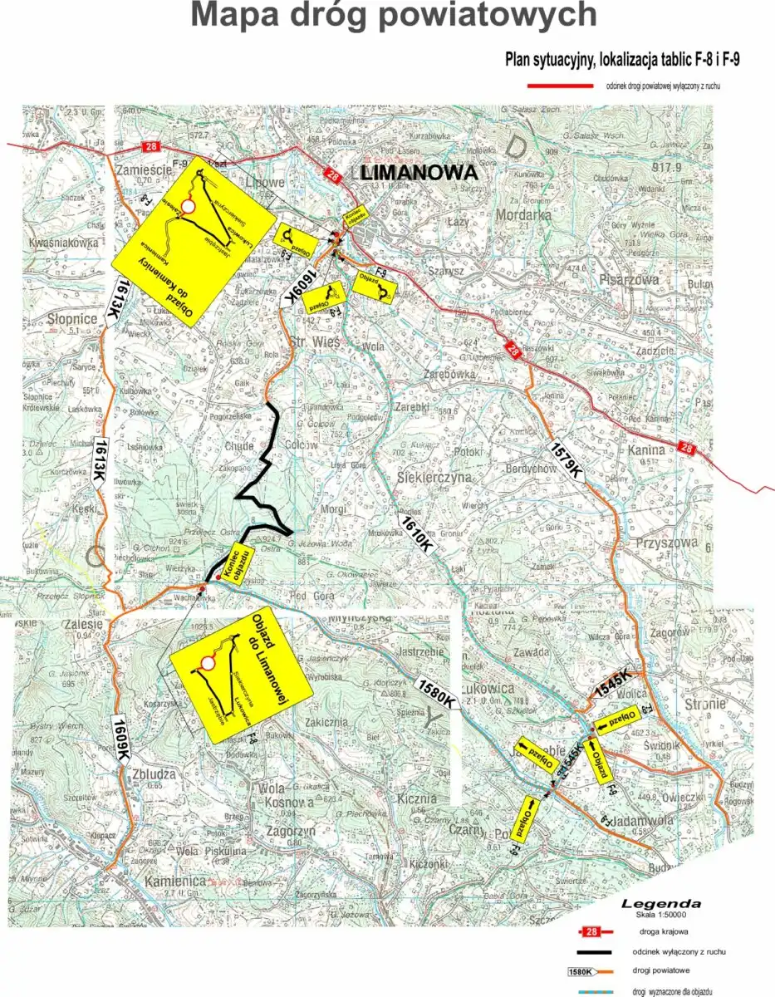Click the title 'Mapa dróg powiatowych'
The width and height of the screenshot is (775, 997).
coord(393,15)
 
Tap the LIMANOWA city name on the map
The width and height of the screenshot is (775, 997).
coord(421,173)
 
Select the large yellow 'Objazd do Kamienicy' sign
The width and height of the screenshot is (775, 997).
coord(194,242)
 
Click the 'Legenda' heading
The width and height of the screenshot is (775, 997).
coord(661,903)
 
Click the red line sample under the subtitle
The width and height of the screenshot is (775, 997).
coord(560,86)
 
